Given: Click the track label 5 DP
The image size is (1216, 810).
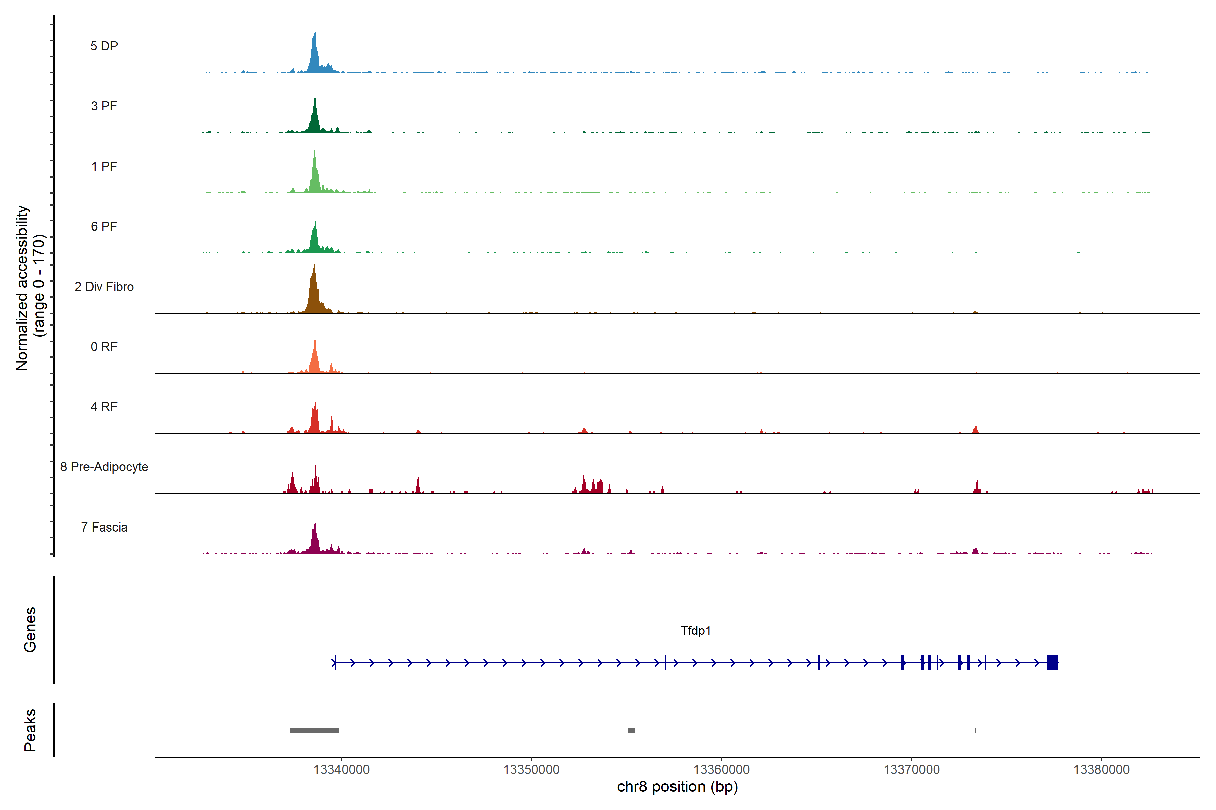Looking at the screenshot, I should coord(104,46).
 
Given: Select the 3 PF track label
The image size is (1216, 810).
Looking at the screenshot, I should coord(104,106).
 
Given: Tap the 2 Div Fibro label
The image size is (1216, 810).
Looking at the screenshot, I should coord(104,287).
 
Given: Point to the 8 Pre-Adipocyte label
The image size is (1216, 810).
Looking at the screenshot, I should coord(104,467).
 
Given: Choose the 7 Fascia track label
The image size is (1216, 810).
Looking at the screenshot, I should coord(104,528).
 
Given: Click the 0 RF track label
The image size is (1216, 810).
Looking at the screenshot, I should coord(104,347).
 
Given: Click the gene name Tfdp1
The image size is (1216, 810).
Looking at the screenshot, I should coord(695,631).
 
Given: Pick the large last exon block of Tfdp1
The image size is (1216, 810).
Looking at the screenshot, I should coord(1052,662).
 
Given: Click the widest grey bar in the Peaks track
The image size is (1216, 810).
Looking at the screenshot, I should coord(315,730).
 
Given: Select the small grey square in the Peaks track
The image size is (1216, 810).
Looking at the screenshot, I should coord(631,730).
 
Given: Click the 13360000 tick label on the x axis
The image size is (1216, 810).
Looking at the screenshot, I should coord(721,770).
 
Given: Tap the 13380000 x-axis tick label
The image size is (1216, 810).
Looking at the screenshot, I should coord(1101,770).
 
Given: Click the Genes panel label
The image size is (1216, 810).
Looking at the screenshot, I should coord(30,630).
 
